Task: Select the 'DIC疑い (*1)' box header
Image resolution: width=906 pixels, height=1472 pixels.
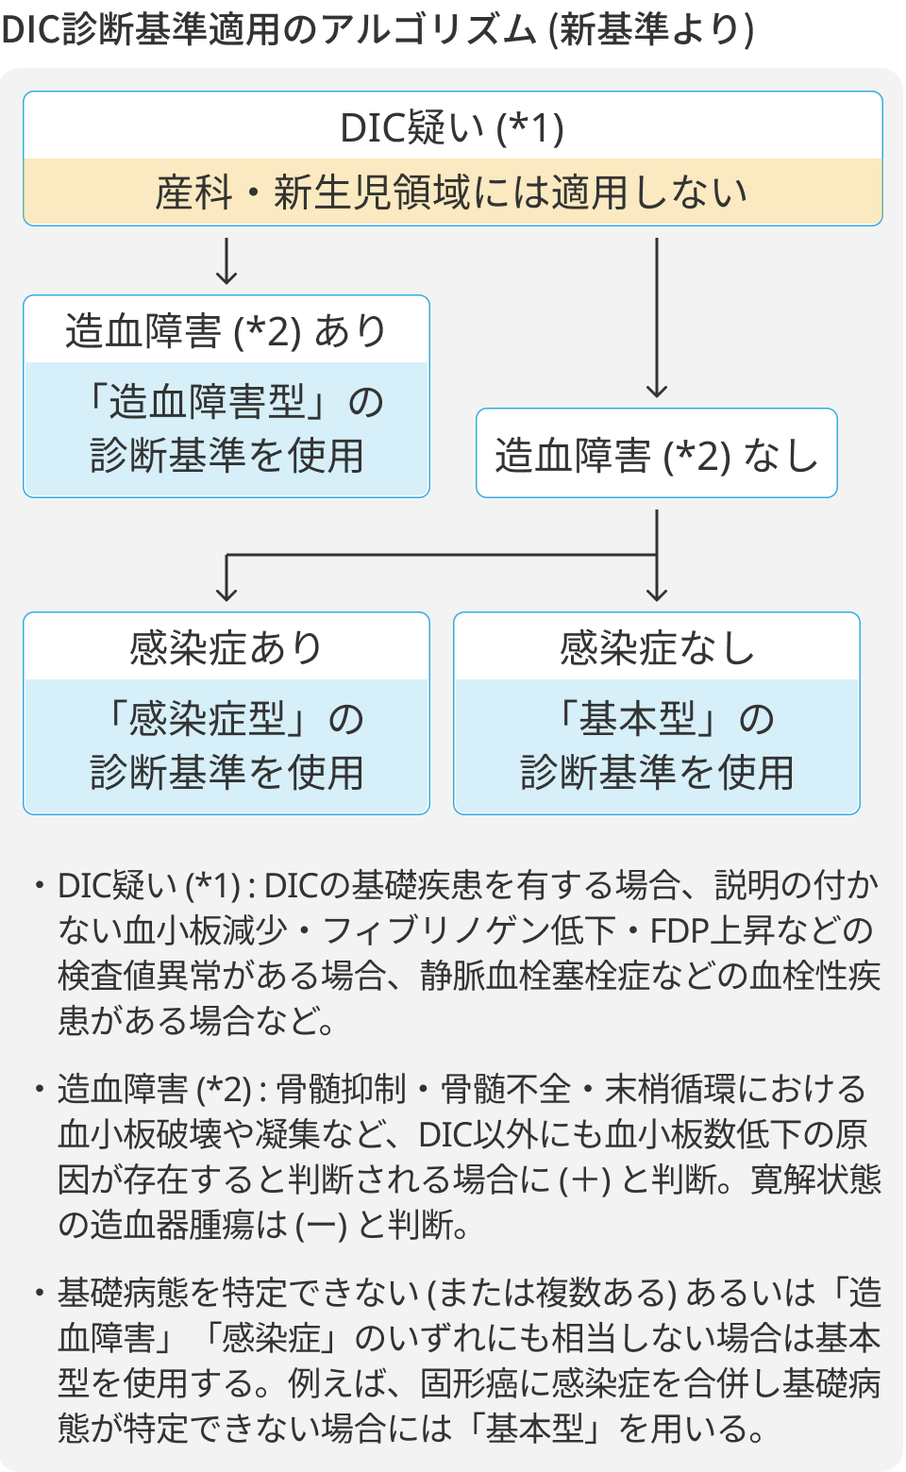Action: coord(452,127)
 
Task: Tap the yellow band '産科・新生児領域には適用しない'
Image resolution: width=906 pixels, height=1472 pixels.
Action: coord(452,192)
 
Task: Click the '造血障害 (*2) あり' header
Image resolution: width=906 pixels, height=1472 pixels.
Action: coord(226,331)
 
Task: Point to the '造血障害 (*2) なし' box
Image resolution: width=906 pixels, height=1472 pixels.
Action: coord(656,454)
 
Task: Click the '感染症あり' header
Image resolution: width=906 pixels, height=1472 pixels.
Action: coord(226,648)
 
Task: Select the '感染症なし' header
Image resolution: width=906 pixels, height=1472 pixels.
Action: coord(656,648)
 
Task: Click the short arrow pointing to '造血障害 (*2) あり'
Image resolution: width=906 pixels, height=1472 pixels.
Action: coord(226,262)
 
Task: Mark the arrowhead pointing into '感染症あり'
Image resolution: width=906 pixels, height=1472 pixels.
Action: coord(226,594)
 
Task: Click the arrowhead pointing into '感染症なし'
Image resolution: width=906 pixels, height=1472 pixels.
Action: coord(657,594)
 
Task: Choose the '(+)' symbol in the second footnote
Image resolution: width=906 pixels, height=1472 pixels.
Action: coord(584,1179)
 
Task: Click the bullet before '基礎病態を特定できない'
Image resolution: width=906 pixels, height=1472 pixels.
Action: coord(39,1293)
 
